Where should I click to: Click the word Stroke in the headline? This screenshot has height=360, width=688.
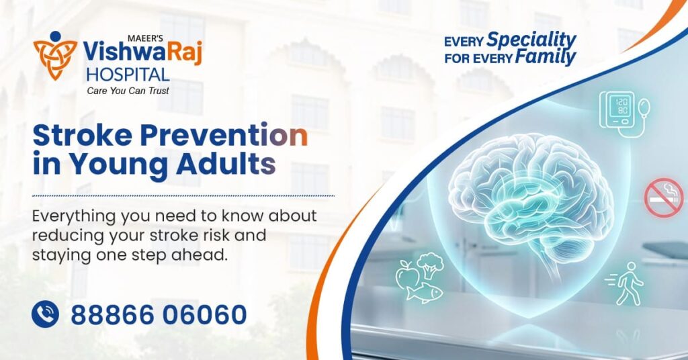(75, 136)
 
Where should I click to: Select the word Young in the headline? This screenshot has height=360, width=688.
(117, 164)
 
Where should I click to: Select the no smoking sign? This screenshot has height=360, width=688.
(664, 197)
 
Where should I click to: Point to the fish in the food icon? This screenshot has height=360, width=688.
(427, 291)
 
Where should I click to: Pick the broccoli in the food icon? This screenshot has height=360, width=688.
(431, 265)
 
